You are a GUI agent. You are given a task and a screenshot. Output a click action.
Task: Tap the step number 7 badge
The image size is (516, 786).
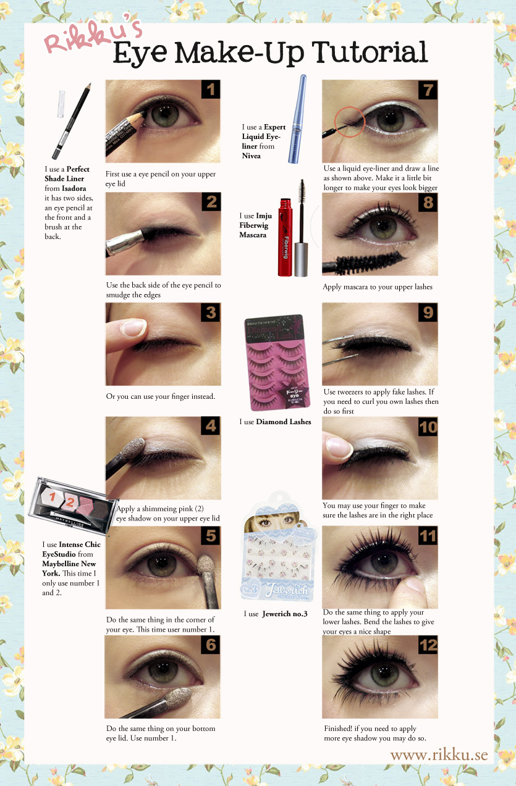428,90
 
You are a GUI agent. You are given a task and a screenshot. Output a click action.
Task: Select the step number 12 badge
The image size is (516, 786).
428,645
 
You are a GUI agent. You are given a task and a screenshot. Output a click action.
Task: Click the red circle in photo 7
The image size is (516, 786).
350,122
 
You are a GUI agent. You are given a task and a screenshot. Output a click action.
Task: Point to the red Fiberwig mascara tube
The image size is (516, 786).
285,237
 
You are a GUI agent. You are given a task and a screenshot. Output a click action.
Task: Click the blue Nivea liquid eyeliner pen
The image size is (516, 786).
297,119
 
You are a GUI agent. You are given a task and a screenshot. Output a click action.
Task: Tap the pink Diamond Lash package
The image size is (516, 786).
277,362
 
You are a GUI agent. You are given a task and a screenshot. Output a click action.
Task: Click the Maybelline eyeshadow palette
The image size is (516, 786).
73,506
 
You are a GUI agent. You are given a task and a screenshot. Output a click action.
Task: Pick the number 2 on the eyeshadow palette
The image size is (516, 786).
70,502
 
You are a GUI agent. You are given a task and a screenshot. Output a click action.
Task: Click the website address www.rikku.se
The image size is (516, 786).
439,755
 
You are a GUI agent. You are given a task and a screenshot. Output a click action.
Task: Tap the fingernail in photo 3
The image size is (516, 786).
133,327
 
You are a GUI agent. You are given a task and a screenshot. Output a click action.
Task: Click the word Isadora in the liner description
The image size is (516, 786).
74,188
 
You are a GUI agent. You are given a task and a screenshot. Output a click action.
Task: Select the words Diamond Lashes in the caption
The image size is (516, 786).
284,422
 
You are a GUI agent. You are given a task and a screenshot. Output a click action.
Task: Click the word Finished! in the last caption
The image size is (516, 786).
338,729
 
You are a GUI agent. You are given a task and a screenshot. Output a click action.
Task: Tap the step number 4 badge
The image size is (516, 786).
211,426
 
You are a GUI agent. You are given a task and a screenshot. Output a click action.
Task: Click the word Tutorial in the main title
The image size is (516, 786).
370,52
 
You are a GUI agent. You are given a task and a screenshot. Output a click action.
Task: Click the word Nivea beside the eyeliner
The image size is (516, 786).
251,156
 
